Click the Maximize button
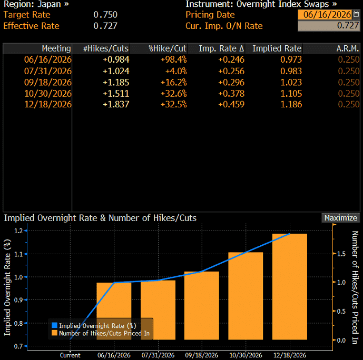click(340, 218)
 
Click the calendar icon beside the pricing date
click(356, 15)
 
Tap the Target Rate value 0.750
click(105, 15)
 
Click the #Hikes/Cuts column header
click(105, 48)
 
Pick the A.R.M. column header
click(348, 48)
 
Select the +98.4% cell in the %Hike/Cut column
click(174, 59)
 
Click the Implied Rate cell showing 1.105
click(291, 94)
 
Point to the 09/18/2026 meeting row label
click(48, 82)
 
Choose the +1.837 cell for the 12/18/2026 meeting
click(116, 104)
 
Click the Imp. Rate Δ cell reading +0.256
click(231, 71)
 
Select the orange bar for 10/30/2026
click(246, 296)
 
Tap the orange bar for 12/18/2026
click(290, 287)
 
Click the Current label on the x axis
click(70, 355)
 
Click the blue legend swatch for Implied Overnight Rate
click(54, 326)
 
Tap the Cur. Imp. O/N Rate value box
click(329, 26)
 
